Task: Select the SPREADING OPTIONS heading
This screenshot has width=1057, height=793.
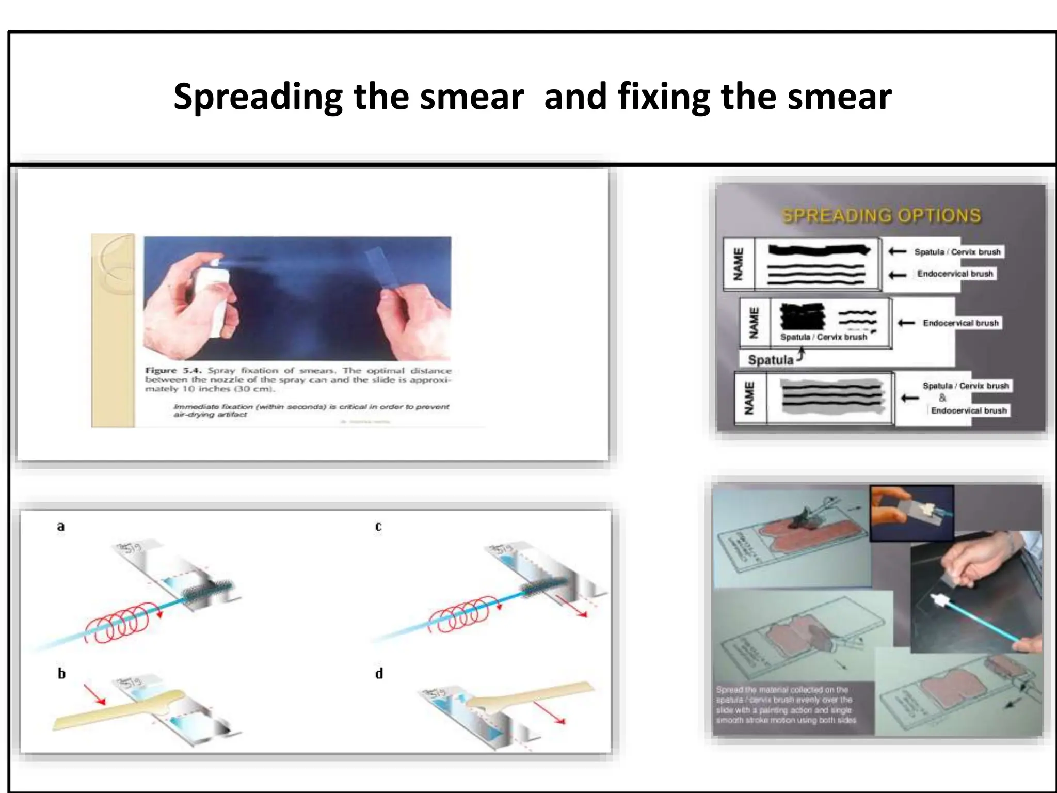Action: point(881,215)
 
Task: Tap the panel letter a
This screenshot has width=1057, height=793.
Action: point(61,527)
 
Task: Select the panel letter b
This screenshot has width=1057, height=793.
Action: point(61,674)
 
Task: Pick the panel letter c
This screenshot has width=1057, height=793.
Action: point(378,527)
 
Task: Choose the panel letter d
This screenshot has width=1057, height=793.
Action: point(379,674)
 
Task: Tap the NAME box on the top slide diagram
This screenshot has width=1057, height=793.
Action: point(739,264)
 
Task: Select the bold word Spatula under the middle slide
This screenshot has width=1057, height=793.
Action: point(771,360)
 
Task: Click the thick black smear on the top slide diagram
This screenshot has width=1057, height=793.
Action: point(818,250)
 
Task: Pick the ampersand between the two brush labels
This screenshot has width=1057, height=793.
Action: point(942,398)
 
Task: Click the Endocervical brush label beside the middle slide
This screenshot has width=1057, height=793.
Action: point(960,323)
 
